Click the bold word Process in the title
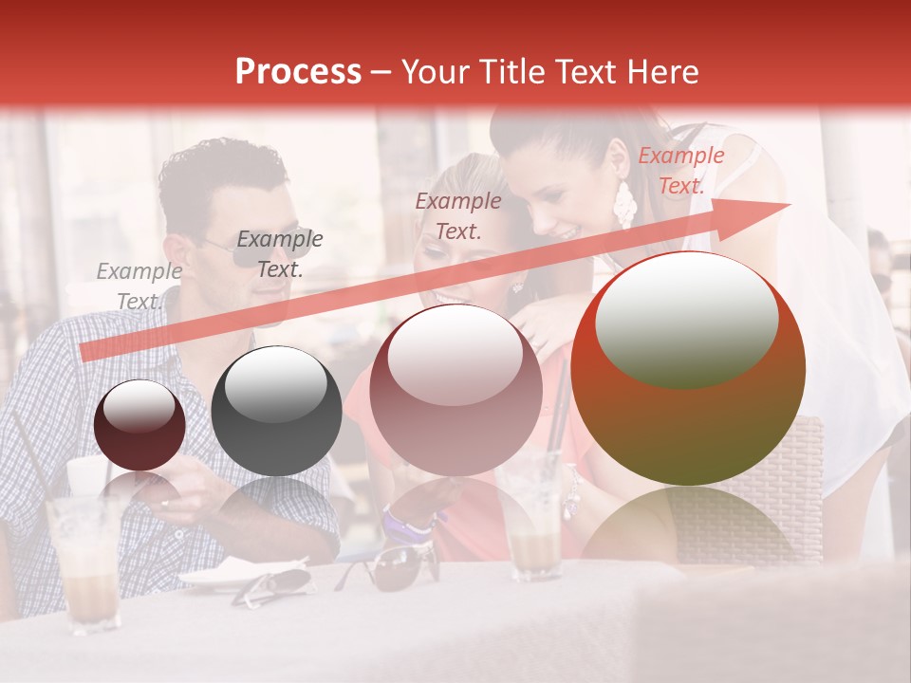click(298, 72)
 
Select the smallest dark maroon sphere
click(139, 425)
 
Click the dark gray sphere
click(276, 411)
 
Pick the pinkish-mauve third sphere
click(455, 390)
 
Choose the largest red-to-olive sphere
click(688, 368)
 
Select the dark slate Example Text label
click(279, 254)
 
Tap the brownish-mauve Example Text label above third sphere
click(458, 215)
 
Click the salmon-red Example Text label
click(680, 171)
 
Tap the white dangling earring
click(625, 204)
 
